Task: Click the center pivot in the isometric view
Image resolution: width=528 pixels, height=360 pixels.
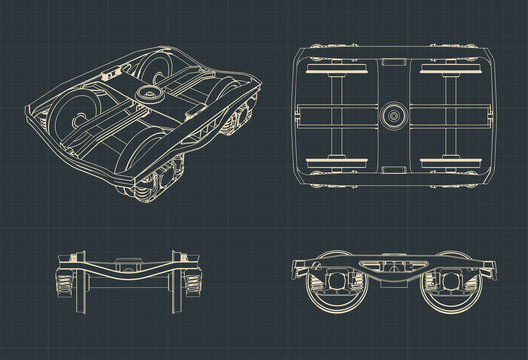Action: tap(153, 93)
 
